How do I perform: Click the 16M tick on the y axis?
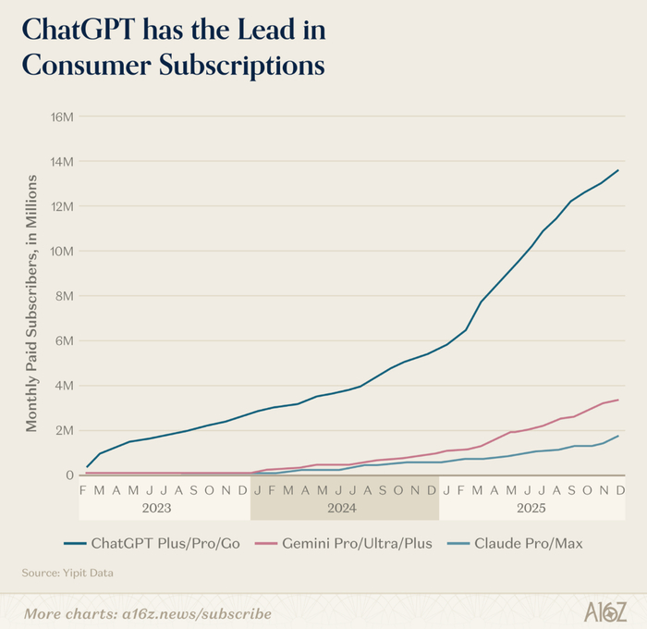click(x=61, y=117)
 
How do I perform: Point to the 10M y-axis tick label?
click(x=61, y=251)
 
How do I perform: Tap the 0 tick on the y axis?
click(x=69, y=475)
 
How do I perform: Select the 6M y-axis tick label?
click(x=64, y=340)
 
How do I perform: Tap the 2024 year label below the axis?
click(x=344, y=509)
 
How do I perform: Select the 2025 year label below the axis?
click(x=531, y=509)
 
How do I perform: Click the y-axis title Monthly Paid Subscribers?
click(x=31, y=296)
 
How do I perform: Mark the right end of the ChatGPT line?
click(x=618, y=170)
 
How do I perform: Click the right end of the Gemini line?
click(x=618, y=400)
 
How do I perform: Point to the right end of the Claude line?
click(x=618, y=436)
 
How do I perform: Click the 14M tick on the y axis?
click(x=61, y=161)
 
